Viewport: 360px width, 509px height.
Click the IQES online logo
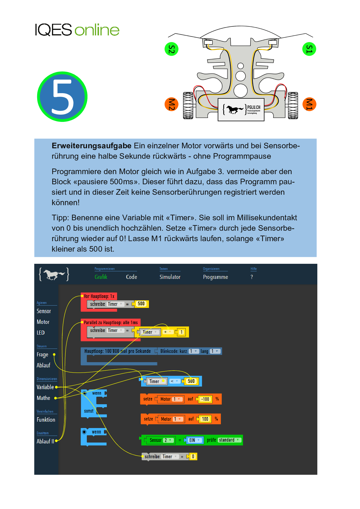click(77, 30)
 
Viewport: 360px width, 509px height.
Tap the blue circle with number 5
click(62, 97)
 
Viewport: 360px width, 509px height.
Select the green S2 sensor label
click(171, 49)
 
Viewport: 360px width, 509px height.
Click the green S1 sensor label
click(309, 49)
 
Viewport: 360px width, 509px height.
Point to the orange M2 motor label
click(171, 104)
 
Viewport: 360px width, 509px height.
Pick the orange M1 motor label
click(309, 104)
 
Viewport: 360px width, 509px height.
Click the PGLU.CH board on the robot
click(241, 109)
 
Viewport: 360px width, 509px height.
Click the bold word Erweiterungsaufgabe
click(91, 146)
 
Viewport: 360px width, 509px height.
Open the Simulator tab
click(170, 277)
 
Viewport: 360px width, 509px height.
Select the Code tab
click(132, 277)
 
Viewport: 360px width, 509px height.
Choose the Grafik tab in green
click(101, 277)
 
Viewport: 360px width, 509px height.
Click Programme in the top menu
click(215, 277)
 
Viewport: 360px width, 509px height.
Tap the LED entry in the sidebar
click(41, 333)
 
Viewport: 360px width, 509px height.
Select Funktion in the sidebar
click(46, 420)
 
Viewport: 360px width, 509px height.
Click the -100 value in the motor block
click(205, 399)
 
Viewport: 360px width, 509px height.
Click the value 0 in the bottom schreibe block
click(193, 456)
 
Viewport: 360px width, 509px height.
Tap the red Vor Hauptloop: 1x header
click(99, 296)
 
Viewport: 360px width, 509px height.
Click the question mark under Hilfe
click(252, 277)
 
